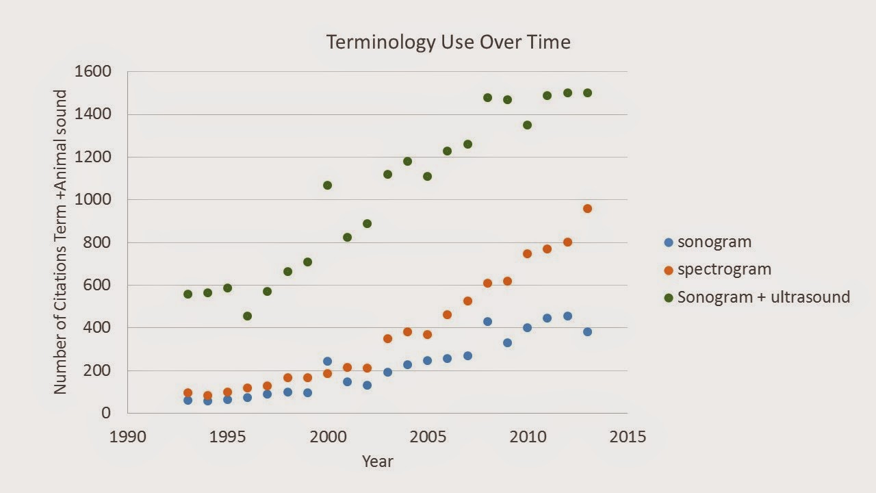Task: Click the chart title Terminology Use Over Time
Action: (448, 42)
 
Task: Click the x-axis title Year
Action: (378, 461)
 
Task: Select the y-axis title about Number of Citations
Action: (61, 242)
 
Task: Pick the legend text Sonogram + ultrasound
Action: (763, 297)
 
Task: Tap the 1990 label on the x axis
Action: (128, 437)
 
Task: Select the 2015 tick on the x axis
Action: (627, 437)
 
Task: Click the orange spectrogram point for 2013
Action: (587, 208)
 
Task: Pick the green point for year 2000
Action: (327, 185)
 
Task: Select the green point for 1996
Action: (247, 316)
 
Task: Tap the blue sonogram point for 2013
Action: (587, 331)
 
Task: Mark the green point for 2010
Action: (527, 125)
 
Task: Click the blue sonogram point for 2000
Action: (327, 361)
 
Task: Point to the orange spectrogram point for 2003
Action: (387, 338)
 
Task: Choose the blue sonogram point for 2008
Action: (487, 321)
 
